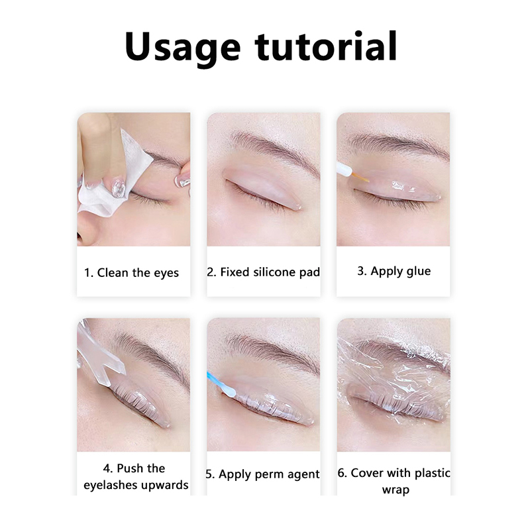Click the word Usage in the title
coord(183,47)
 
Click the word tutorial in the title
coord(326,46)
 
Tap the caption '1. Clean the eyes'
coord(131,273)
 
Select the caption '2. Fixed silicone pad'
coord(263,272)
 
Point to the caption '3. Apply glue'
coord(394,272)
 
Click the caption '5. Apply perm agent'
coord(262,474)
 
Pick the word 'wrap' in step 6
coord(396,490)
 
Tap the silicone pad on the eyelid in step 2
coord(262,187)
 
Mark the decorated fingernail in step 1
coord(119,187)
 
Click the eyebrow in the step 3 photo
coord(399,144)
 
